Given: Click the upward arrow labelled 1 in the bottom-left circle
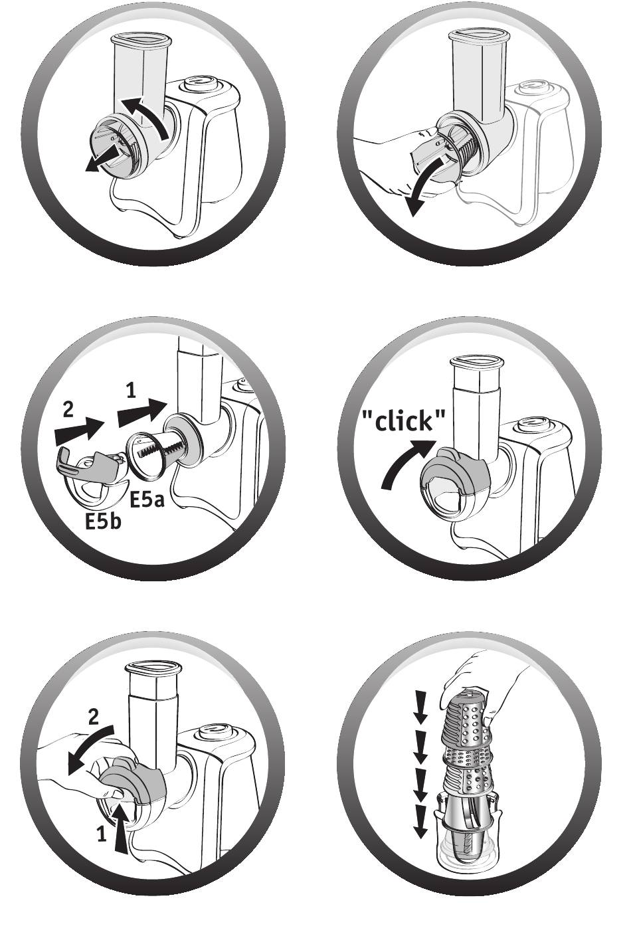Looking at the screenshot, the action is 121,828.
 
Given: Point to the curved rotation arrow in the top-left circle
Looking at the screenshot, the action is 145,116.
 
